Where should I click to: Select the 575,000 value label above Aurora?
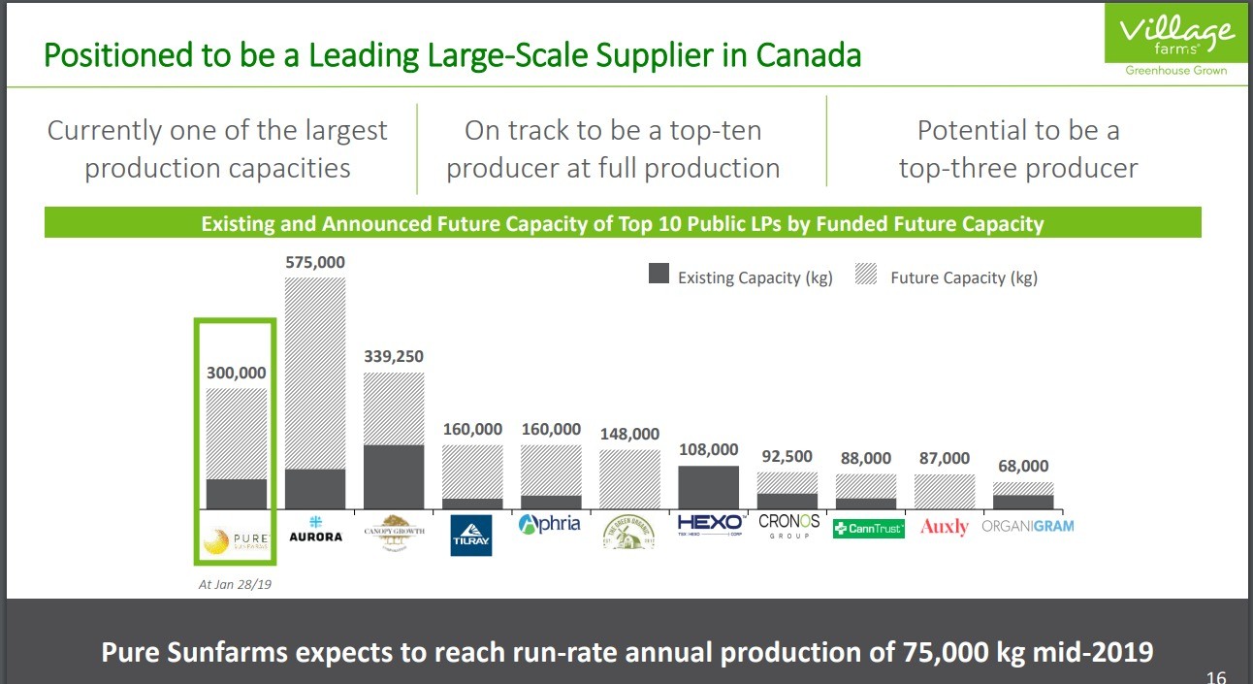[x=315, y=262]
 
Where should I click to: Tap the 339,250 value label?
[x=394, y=356]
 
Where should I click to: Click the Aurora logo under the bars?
[x=315, y=530]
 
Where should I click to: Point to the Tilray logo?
[x=471, y=535]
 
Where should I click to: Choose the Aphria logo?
[x=550, y=524]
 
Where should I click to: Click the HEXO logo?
[x=709, y=526]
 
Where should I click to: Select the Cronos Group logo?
[x=788, y=526]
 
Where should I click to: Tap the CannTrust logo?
[x=868, y=528]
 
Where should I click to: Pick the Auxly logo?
[x=944, y=527]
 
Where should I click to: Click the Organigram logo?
[x=1027, y=526]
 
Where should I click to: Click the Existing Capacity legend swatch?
[x=659, y=276]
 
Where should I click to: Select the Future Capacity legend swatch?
[x=867, y=276]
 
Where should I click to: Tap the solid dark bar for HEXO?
[x=709, y=487]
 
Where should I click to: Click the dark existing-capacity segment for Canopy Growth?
[x=394, y=476]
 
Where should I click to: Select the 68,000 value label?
[x=1023, y=466]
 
